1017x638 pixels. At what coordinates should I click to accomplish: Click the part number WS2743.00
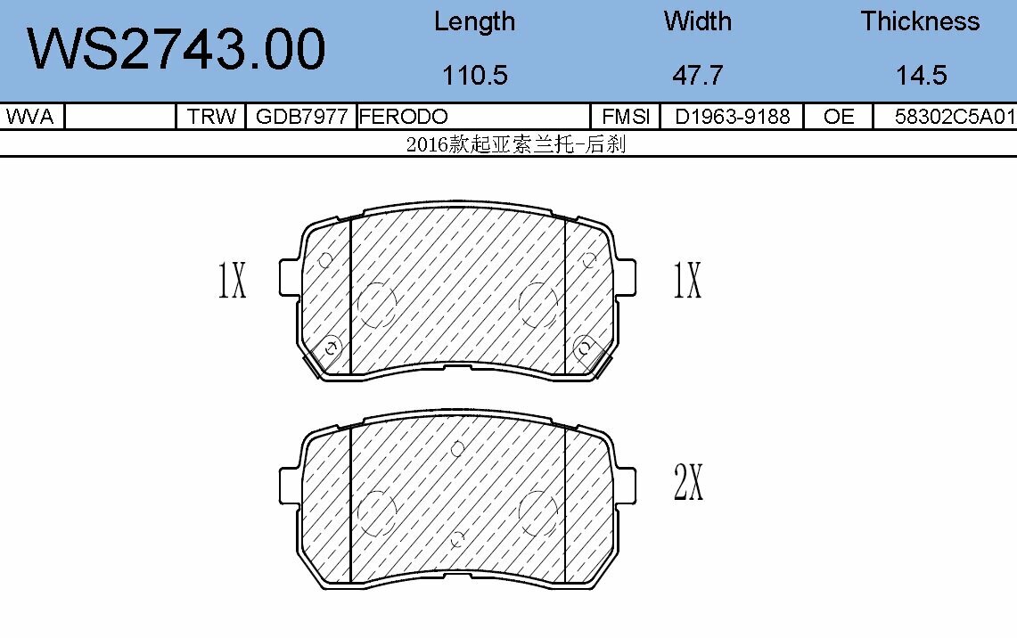pos(176,49)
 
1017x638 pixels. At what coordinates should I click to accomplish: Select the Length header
pos(474,21)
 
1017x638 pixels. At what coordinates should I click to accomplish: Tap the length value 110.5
pos(474,76)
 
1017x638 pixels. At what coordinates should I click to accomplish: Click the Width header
pos(697,21)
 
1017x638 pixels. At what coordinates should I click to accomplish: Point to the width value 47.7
pos(697,76)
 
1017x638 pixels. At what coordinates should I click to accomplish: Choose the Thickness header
pos(920,21)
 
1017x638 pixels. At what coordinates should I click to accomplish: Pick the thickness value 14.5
pos(921,76)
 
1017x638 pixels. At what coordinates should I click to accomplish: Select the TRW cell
pos(211,117)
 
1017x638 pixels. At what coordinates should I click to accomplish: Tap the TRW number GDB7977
pos(300,117)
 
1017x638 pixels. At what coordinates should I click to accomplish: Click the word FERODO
pos(403,117)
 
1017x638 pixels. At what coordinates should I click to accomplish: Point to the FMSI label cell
pos(625,117)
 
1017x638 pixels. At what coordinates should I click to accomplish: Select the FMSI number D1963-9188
pos(732,117)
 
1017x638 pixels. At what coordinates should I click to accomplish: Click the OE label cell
pos(838,117)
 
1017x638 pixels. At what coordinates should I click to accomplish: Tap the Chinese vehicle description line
pos(515,144)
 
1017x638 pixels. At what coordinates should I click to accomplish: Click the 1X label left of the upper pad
pos(232,280)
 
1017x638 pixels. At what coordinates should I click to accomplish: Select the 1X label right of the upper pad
pos(687,280)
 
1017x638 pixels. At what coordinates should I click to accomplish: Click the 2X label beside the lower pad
pos(688,482)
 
